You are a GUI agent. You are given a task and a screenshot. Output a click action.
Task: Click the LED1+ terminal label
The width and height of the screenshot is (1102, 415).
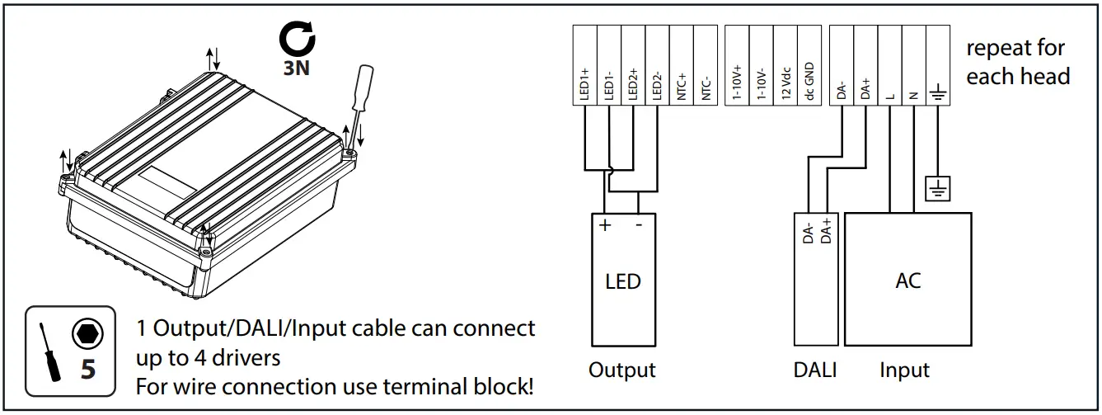[x=584, y=84]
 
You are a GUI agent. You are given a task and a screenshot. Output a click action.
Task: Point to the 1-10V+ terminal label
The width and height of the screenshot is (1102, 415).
[x=737, y=83]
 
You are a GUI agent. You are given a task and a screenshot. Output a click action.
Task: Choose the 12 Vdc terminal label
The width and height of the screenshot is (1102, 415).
[x=785, y=83]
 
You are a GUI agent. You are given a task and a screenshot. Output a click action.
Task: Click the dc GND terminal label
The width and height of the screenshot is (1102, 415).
[x=809, y=83]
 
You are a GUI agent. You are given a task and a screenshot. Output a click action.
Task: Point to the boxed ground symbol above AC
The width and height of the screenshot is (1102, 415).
[x=937, y=189]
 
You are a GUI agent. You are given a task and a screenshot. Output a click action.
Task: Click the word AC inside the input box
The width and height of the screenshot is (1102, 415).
[x=907, y=281]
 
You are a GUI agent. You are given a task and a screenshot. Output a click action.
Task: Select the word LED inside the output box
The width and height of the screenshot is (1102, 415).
[x=622, y=281]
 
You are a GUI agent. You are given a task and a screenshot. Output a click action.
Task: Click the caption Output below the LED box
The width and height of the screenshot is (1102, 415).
[x=622, y=370]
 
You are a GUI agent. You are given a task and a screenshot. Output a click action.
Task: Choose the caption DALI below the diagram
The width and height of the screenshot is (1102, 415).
[x=814, y=370]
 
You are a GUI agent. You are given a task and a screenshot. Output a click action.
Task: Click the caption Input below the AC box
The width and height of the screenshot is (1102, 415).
[x=904, y=370]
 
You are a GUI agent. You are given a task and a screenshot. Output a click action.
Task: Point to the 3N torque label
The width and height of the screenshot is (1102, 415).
[x=296, y=68]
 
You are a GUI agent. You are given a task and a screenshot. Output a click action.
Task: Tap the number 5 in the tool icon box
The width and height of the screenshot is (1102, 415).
[x=87, y=369]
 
